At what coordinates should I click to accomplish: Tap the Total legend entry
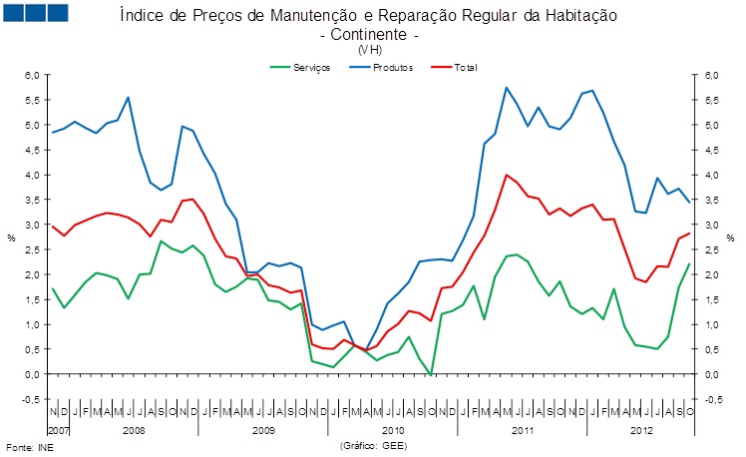pos(465,67)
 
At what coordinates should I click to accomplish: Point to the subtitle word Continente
pos(369,34)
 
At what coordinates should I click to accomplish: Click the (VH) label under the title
pos(369,49)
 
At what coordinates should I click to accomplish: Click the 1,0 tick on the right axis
pos(711,324)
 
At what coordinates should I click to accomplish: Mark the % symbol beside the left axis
pos(12,237)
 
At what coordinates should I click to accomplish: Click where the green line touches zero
pos(431,374)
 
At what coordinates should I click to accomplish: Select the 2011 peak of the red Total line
pos(507,175)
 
